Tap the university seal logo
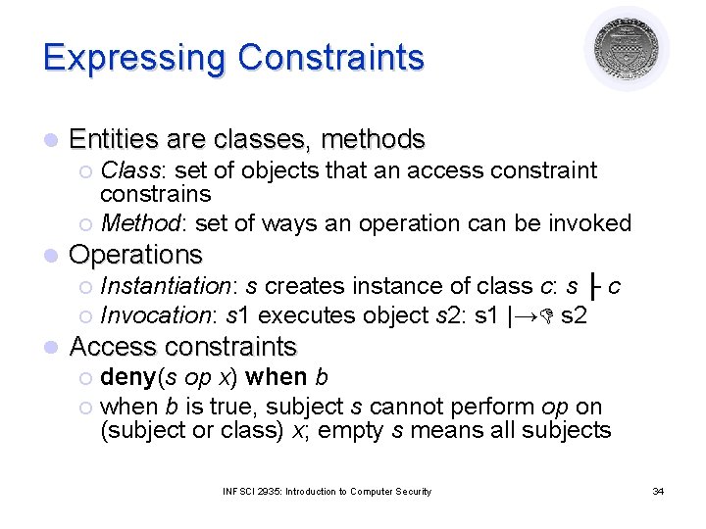[627, 48]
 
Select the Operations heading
[136, 255]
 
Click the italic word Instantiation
[166, 286]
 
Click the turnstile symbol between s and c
[595, 287]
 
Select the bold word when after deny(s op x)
[276, 377]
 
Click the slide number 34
[658, 491]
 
